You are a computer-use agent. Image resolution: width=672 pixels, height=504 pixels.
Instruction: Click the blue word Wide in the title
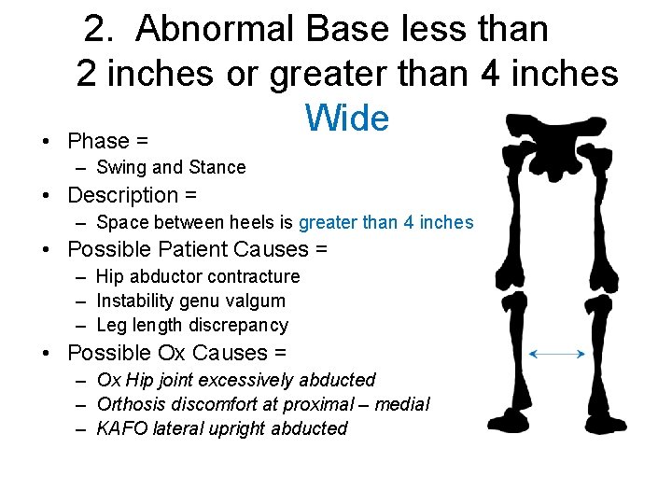tap(346, 119)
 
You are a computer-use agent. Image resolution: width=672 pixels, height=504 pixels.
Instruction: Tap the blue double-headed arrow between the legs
tap(557, 354)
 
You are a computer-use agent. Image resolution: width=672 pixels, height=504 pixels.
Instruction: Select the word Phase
tap(98, 141)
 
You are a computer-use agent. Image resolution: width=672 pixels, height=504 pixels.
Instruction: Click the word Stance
tap(217, 168)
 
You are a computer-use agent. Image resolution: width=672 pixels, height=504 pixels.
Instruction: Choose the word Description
tap(122, 196)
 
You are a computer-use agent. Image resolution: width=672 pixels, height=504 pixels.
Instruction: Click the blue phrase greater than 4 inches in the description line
tap(386, 223)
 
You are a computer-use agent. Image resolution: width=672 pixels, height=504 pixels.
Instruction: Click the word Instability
tap(140, 301)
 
